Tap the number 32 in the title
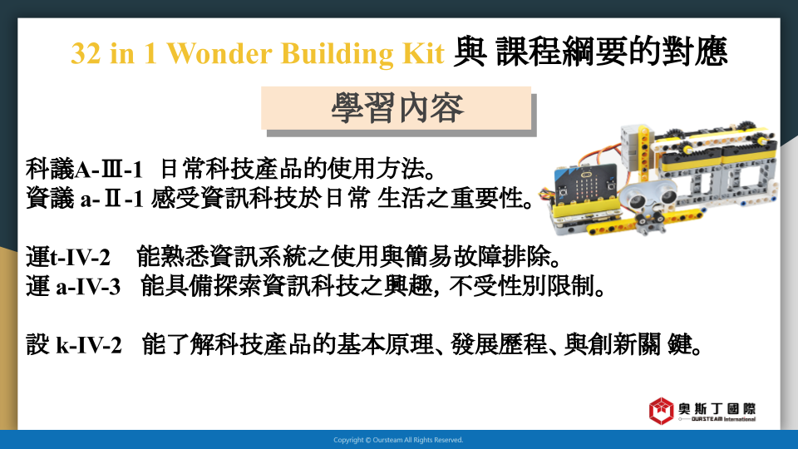click(86, 53)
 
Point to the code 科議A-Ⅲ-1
click(84, 169)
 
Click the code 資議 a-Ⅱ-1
click(85, 198)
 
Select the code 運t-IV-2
click(68, 257)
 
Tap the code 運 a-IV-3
click(73, 287)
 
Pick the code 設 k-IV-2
click(74, 345)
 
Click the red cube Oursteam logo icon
click(661, 411)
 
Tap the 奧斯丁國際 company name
click(717, 408)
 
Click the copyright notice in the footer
click(398, 440)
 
